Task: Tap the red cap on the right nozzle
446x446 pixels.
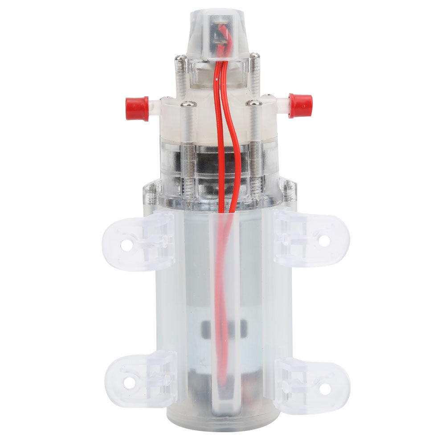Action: coord(301,105)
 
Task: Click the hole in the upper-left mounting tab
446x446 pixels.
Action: coord(127,245)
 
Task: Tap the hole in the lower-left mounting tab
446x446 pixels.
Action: coord(129,382)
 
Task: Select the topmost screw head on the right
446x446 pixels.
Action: coord(254,57)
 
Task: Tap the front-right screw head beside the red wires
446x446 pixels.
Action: coord(254,103)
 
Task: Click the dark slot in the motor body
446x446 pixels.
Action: coord(223,328)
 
